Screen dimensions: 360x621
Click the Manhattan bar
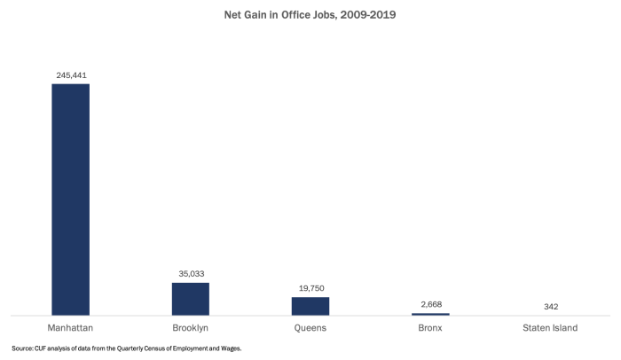pos(70,199)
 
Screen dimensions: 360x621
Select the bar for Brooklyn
pos(190,299)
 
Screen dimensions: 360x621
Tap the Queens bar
pos(310,306)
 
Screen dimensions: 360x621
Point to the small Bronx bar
pos(430,314)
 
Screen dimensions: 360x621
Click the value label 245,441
pos(70,75)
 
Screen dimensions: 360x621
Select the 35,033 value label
pos(190,274)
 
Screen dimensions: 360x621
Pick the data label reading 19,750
pos(310,288)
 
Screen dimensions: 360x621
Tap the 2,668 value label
pos(430,304)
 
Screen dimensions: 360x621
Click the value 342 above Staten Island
pos(550,306)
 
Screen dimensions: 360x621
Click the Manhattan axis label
pos(70,328)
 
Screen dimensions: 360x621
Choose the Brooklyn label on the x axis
pos(190,328)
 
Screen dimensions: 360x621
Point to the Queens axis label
pos(310,328)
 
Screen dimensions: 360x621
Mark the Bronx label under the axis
pos(430,328)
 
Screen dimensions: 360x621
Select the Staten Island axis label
pos(550,328)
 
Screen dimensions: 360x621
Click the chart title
pos(310,15)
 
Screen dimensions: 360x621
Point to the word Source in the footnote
pos(22,348)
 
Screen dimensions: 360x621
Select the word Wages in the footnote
pos(230,348)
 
